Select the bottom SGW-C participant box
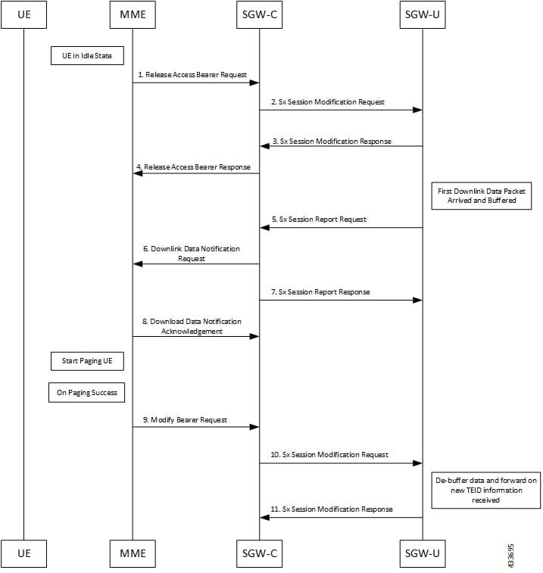coord(259,553)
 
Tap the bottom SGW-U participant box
coord(422,553)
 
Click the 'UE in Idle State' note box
coord(87,54)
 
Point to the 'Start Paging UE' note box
coord(87,361)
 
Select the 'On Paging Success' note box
coord(87,393)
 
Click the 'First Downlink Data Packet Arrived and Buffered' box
coord(482,196)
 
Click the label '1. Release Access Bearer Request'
coord(192,74)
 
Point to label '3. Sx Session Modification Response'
coord(331,141)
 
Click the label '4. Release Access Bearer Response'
coord(193,167)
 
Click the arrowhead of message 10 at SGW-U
coord(417,463)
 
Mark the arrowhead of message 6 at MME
coord(137,264)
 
